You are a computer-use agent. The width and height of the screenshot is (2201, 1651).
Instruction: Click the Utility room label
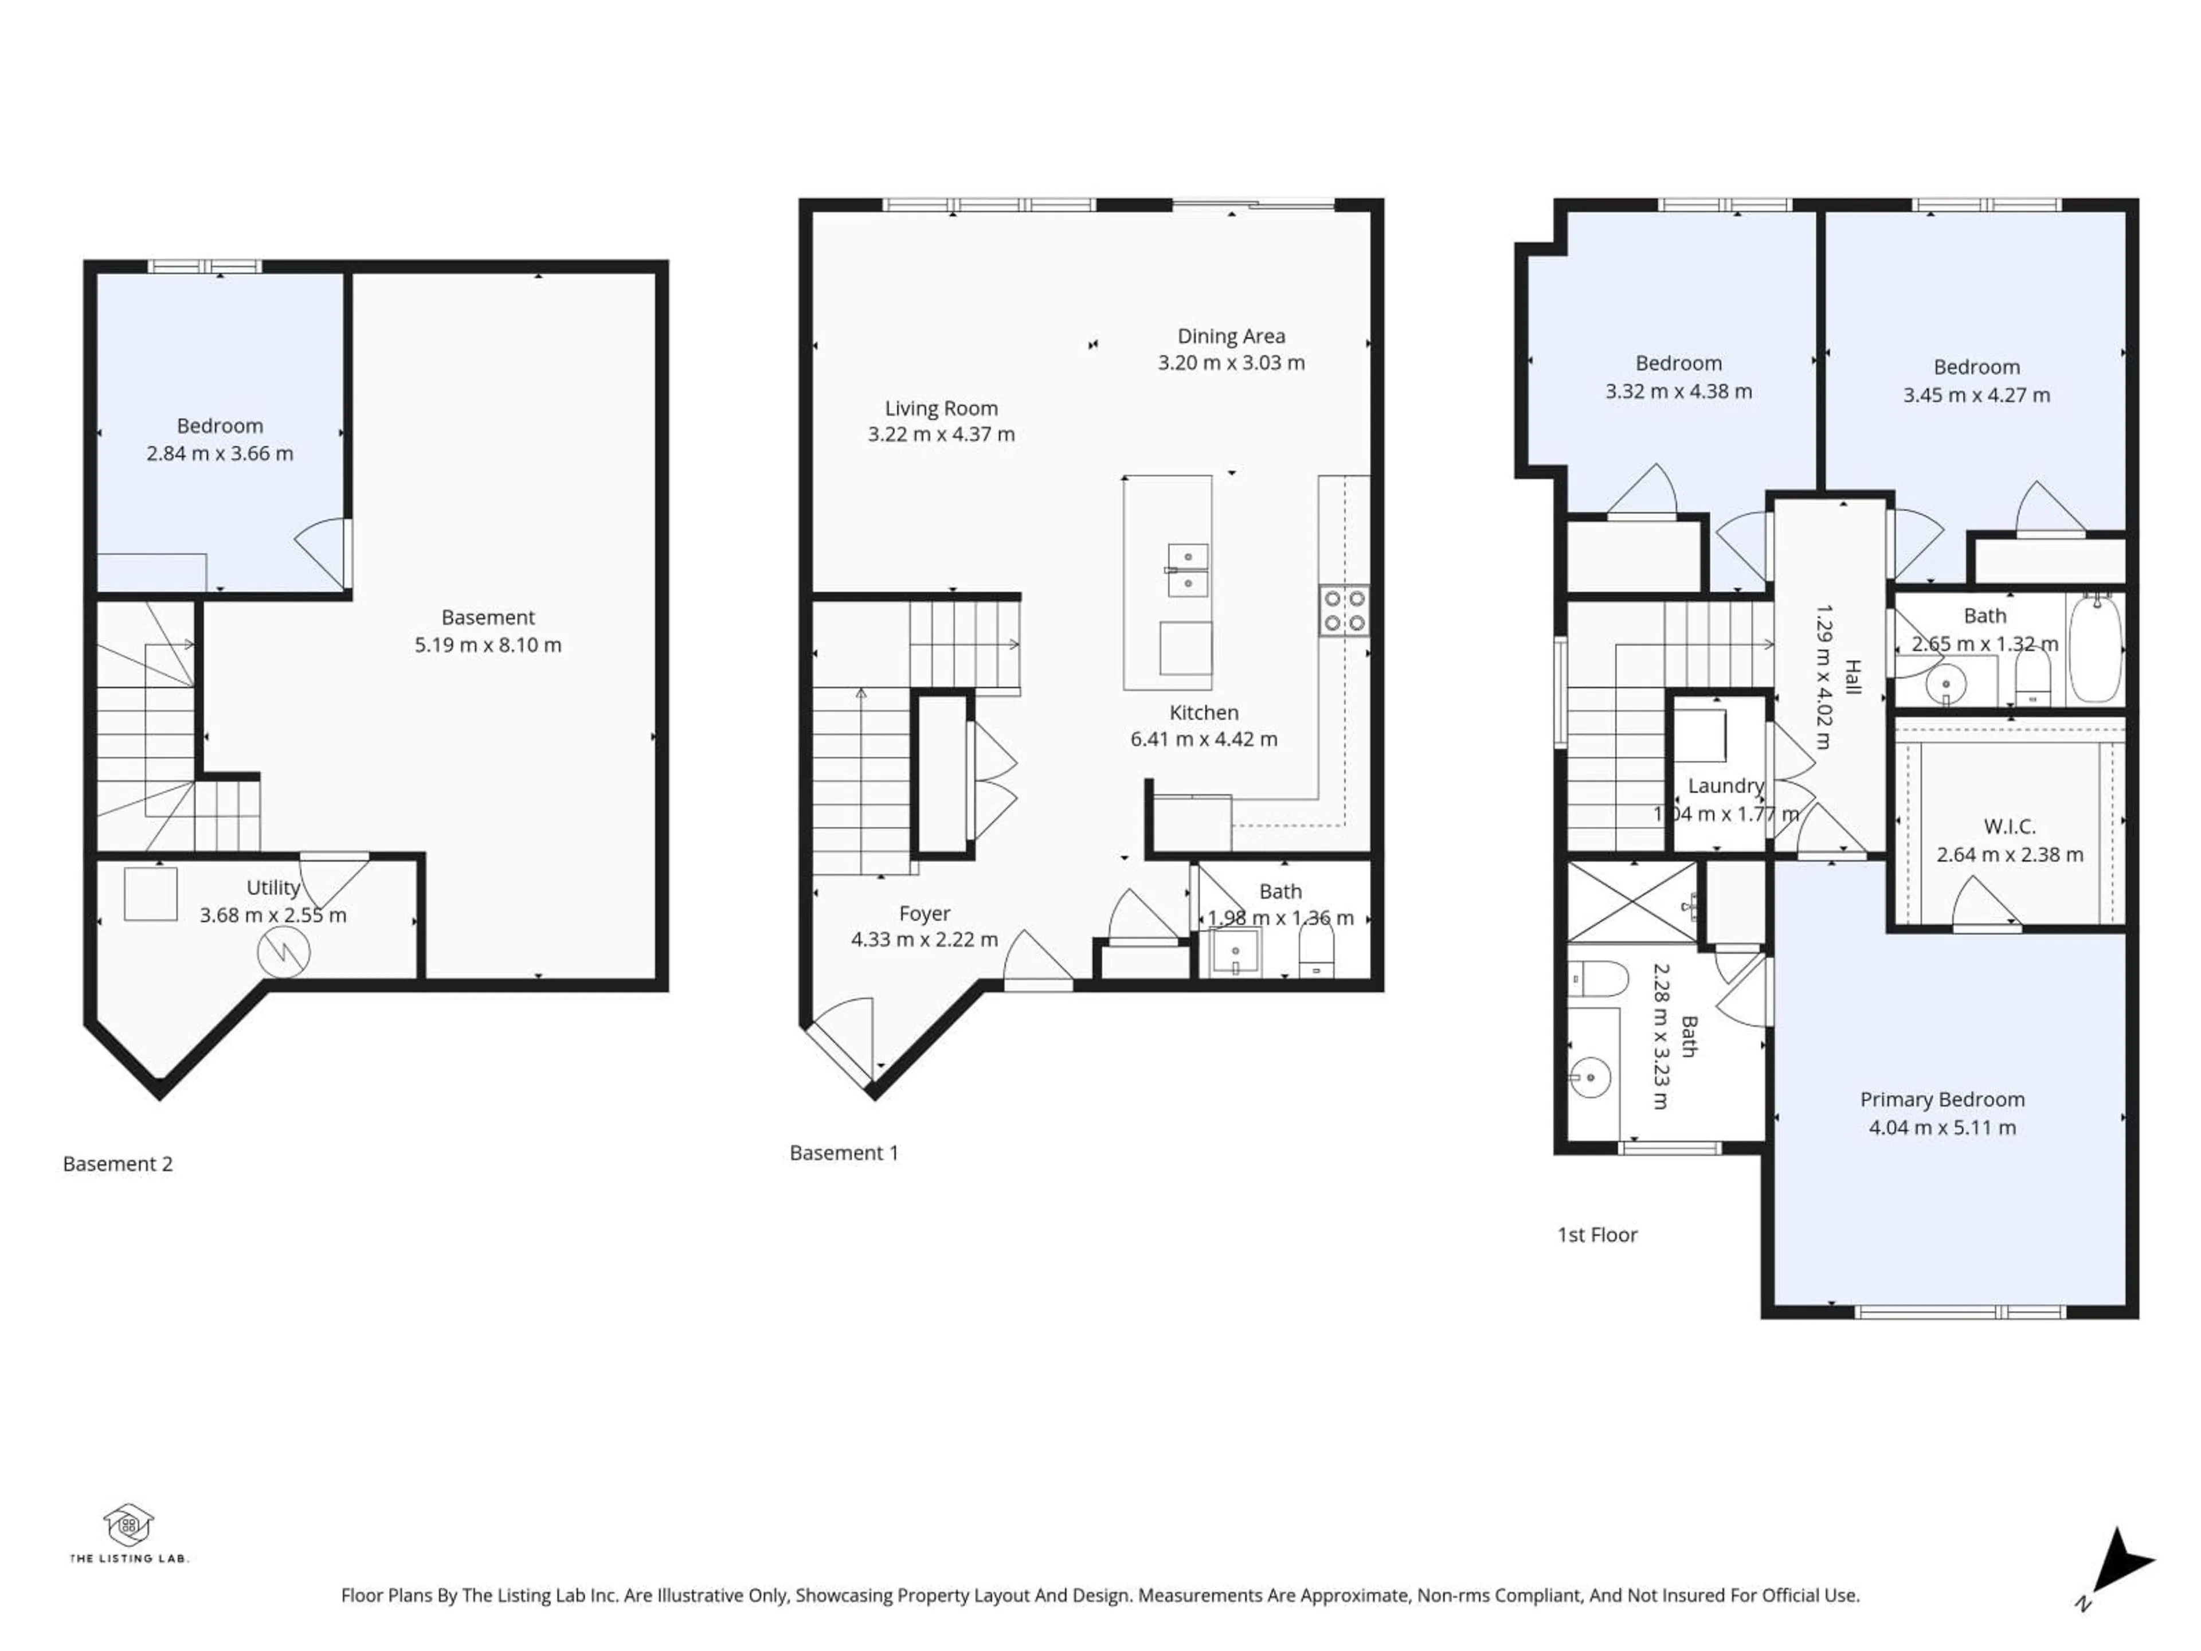(x=273, y=887)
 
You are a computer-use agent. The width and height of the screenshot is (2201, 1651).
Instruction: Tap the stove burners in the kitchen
(x=1344, y=611)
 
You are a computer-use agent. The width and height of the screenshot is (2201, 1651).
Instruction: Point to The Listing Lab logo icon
(x=128, y=1525)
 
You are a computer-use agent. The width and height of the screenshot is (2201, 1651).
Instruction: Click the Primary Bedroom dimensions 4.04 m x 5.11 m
(x=1942, y=1128)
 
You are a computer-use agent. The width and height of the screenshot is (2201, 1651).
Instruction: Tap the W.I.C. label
(x=2009, y=826)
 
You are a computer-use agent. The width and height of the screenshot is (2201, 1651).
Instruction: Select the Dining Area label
(x=1231, y=337)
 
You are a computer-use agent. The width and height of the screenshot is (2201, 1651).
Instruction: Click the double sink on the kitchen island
(x=1188, y=570)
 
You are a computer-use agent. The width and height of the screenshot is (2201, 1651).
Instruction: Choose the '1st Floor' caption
(x=1596, y=1234)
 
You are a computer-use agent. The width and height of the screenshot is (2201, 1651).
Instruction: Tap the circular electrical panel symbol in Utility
(x=284, y=952)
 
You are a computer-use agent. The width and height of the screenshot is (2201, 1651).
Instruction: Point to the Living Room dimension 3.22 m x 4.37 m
(x=941, y=434)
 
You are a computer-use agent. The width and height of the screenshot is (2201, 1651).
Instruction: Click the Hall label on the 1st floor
(x=1852, y=676)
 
